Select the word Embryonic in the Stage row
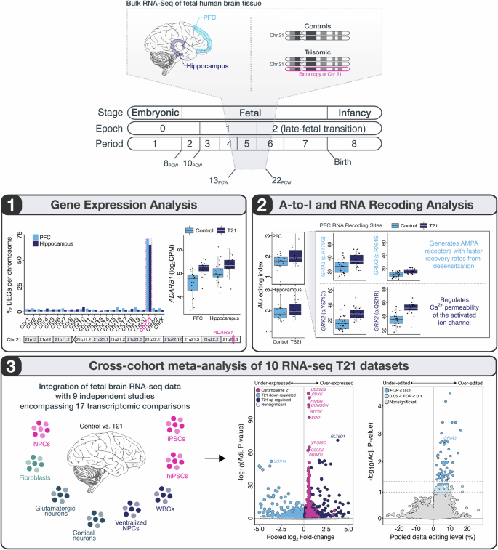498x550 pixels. [x=155, y=113]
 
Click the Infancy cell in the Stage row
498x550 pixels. [x=350, y=113]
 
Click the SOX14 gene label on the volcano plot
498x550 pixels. [x=278, y=482]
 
